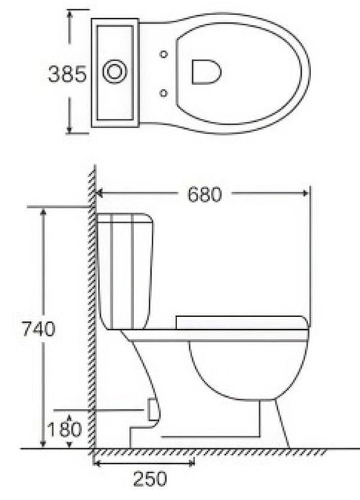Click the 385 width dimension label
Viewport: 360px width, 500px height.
tap(67, 73)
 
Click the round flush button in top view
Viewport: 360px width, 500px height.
tap(114, 71)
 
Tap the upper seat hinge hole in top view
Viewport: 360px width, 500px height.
tap(165, 54)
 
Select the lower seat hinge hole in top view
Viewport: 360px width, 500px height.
tap(165, 91)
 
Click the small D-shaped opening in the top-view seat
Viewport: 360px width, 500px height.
tap(206, 71)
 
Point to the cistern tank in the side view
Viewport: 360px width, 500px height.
tap(127, 270)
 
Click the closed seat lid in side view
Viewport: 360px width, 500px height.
tap(241, 322)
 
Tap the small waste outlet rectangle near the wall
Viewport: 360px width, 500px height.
tap(151, 408)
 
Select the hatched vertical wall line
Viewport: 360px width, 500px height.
tap(92, 310)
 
